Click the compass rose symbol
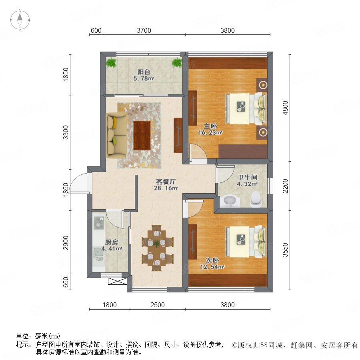[x=20, y=20]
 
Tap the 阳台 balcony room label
[x=144, y=75]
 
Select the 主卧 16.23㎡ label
[x=210, y=129]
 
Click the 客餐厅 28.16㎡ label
[x=166, y=185]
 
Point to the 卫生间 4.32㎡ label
[x=247, y=180]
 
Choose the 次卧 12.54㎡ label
[x=212, y=263]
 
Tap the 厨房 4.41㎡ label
[x=112, y=245]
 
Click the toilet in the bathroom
[x=256, y=199]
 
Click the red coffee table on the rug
[x=142, y=136]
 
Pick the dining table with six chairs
[x=157, y=248]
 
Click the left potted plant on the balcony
[x=111, y=62]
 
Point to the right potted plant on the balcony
[x=177, y=62]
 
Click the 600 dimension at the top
[x=96, y=30]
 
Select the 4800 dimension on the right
[x=285, y=108]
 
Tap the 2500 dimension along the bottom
[x=158, y=305]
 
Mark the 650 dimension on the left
[x=66, y=282]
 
